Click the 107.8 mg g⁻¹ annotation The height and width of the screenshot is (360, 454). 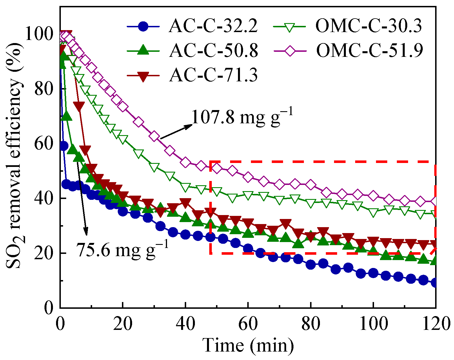tap(242, 117)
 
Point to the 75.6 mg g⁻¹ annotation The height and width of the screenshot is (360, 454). tap(123, 249)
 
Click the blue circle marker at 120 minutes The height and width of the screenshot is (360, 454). tap(435, 283)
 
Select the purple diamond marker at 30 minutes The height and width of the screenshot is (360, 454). tap(154, 136)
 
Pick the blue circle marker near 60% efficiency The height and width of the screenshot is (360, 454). tap(64, 146)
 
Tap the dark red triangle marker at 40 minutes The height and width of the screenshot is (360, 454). tap(185, 202)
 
